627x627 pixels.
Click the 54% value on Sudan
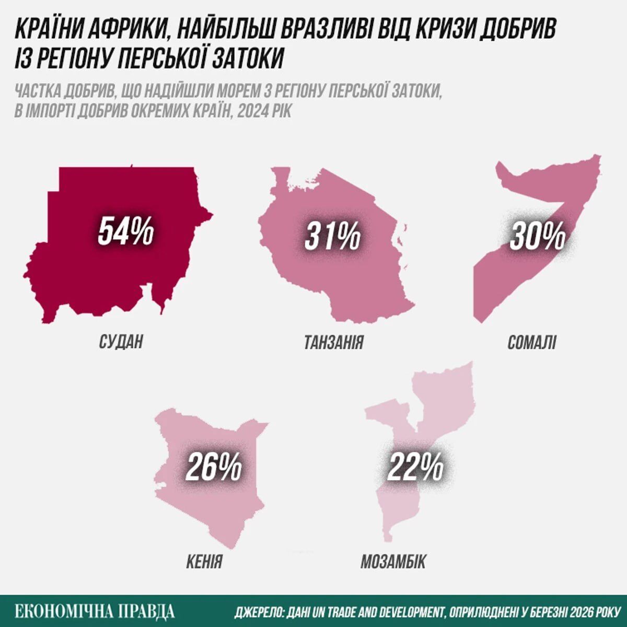(125, 231)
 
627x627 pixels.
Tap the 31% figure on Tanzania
(333, 236)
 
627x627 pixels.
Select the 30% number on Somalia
(538, 236)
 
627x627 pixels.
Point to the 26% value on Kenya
(214, 467)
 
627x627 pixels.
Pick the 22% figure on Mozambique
(415, 467)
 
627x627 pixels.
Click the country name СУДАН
(121, 342)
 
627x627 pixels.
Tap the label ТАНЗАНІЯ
(333, 342)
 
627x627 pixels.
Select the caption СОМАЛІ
(532, 342)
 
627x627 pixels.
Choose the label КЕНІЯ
(204, 561)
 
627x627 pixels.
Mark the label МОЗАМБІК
(393, 561)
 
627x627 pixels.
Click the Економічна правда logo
(95, 611)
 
